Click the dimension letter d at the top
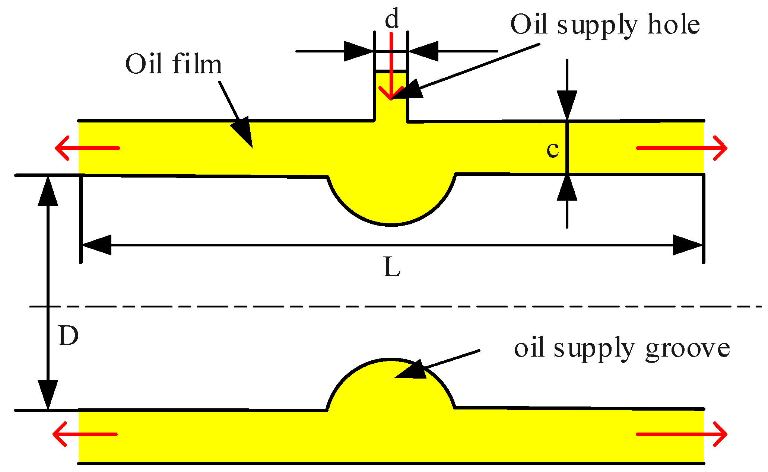point(392,19)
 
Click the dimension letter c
point(553,150)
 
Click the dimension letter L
point(391,268)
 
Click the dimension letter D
point(68,335)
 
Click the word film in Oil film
point(197,64)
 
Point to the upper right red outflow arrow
point(682,148)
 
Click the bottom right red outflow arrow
point(682,434)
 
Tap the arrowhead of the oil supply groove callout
point(412,370)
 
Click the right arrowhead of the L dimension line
point(687,245)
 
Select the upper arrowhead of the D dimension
point(48,191)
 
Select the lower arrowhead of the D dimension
point(48,395)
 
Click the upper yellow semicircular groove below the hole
point(391,201)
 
